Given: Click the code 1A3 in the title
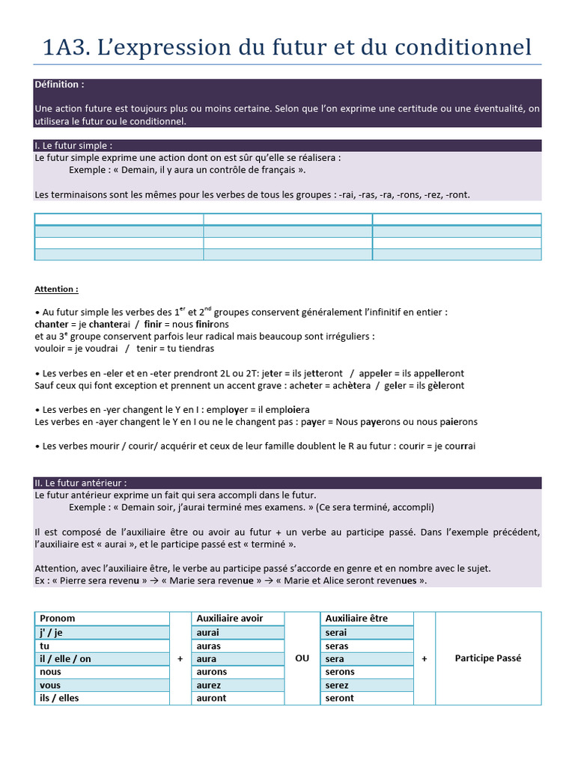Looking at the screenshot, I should pos(66,47).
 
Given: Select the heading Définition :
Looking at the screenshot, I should pos(59,85).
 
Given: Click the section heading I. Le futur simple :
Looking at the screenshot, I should pos(74,146).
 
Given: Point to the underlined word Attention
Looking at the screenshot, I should pos(56,289).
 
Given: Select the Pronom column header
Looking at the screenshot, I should pos(58,619).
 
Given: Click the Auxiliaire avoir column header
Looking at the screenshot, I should pos(228,619).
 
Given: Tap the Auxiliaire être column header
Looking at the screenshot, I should pos(357,619).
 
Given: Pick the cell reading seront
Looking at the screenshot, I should pos(339,698).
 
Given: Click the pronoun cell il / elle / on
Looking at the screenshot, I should pos(65,659).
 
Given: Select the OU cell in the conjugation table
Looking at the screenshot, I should pos(302,658).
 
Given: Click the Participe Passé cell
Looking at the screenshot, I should pos(487,658).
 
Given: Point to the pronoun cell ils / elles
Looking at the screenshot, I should pos(59,698).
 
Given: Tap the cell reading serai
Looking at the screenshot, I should pos(336,633).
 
